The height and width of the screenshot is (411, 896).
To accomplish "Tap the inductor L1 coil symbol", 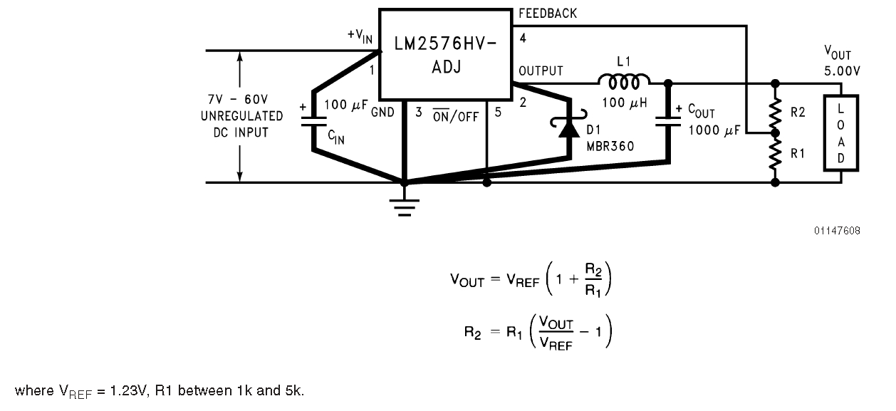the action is (x=624, y=81).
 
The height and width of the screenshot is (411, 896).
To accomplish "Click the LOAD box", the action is (x=840, y=133).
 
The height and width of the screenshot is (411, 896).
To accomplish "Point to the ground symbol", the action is (x=405, y=206).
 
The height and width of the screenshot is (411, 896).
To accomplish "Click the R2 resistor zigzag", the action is (x=775, y=112).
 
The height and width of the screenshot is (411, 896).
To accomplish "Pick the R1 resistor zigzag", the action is (x=775, y=154).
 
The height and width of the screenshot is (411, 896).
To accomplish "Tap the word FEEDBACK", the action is (x=548, y=14).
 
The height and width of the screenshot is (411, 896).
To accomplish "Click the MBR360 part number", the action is (x=610, y=146).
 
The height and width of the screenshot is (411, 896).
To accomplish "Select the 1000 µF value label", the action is (x=714, y=130).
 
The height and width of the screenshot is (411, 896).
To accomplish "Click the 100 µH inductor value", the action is (x=625, y=103).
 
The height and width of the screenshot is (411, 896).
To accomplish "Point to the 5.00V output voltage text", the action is (x=842, y=71).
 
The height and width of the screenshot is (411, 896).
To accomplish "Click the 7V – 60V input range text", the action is (x=238, y=99).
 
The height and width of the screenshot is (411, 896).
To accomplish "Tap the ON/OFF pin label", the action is (x=456, y=116).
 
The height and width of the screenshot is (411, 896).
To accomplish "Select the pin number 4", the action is (x=523, y=38).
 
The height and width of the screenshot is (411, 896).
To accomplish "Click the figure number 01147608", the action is (x=837, y=231).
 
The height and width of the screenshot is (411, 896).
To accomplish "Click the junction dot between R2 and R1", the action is (x=775, y=133).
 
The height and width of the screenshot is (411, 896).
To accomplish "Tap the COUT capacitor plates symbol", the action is (x=668, y=122).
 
